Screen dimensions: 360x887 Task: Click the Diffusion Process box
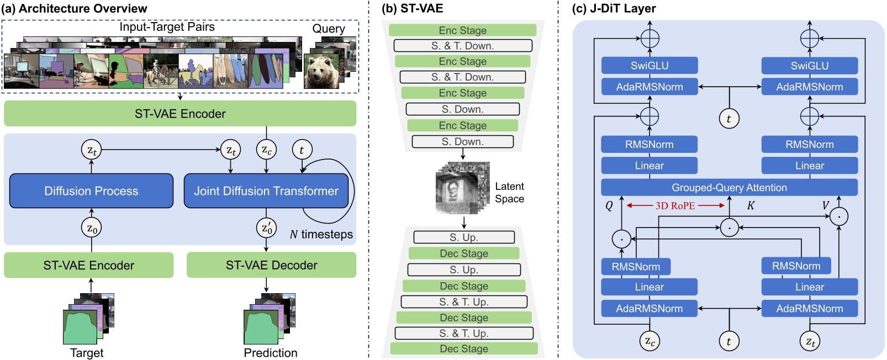[x=91, y=191]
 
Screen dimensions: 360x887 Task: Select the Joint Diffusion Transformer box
[x=266, y=191]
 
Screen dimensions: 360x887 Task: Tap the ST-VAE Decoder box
[x=271, y=265]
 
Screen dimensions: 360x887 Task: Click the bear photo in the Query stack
[x=321, y=71]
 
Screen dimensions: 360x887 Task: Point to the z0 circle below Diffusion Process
[x=92, y=228]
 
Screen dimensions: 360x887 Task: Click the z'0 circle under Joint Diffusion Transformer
[x=266, y=228]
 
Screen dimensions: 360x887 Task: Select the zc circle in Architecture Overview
[x=266, y=150]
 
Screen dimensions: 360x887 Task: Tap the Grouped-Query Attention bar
[x=729, y=188]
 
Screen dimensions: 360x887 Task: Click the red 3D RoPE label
[x=675, y=205]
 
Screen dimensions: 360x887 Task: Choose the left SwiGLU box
[x=650, y=66]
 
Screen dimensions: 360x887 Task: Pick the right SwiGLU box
[x=809, y=66]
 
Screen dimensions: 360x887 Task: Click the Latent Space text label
[x=509, y=193]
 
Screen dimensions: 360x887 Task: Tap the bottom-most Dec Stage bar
[x=464, y=348]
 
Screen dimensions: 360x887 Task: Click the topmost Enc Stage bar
[x=462, y=30]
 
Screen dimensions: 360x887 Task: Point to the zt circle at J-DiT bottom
[x=809, y=341]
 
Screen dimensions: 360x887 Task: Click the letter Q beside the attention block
[x=609, y=206]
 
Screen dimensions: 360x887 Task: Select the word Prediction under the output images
[x=271, y=353]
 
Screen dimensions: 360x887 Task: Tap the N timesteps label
[x=321, y=235]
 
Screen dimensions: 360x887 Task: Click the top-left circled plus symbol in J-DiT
[x=650, y=39]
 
